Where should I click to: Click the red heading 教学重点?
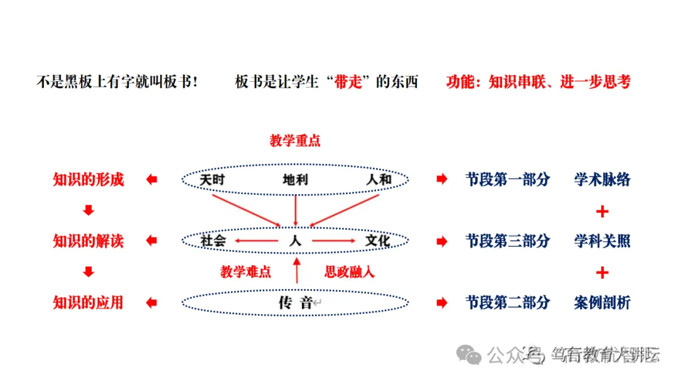295,141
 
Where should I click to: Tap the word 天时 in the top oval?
212,180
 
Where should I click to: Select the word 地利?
295,180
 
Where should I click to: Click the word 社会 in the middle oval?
212,241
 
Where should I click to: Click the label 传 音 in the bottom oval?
295,303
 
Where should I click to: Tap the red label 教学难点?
245,272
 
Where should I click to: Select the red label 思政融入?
350,272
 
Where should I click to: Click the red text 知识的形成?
89,180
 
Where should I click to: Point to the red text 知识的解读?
89,241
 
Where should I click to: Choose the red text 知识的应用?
89,303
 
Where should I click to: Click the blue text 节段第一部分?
507,180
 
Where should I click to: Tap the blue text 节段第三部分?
507,241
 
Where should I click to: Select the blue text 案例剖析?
602,303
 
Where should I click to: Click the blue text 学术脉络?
602,180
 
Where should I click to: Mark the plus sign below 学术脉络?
602,211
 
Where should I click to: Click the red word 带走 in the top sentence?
350,82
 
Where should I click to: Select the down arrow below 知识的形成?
89,211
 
